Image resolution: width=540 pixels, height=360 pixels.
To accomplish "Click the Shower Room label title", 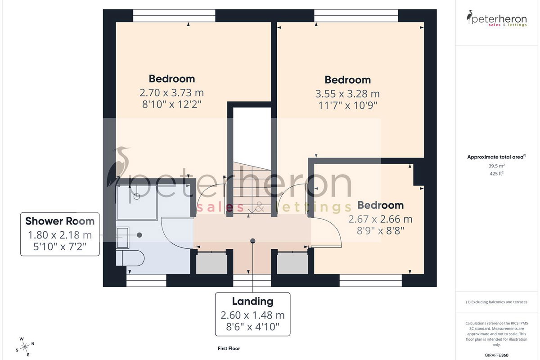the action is click(60, 221).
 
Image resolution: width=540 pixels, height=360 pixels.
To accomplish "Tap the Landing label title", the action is click(252, 301).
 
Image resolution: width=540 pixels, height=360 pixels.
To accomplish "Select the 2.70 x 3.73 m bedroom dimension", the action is click(171, 93).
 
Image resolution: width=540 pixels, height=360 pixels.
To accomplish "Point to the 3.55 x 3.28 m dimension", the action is click(347, 94).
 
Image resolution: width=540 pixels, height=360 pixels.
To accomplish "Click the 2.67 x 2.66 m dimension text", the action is click(380, 219).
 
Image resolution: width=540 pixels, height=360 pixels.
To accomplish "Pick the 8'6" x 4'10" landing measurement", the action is click(252, 327).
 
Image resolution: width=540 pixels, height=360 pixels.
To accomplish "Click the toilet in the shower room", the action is click(130, 258).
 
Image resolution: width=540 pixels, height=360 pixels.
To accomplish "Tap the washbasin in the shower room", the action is click(123, 238).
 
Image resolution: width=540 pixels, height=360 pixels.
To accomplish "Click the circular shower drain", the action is click(137, 197).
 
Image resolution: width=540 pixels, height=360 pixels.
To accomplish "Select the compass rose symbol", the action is click(25, 347).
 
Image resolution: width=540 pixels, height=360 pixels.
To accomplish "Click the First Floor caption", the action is click(229, 348).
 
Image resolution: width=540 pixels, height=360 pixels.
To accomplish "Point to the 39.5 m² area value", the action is click(497, 166).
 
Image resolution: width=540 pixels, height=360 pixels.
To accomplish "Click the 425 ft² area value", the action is click(497, 173).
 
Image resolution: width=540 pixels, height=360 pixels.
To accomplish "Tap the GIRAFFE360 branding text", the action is click(497, 355).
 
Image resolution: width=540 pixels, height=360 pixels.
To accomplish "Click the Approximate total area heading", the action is click(497, 157).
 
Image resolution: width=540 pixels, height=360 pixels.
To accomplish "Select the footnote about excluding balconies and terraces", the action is click(497, 302).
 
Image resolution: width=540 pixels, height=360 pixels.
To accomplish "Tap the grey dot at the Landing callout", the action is click(252, 241).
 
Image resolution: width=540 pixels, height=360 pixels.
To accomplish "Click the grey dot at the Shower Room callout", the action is click(139, 235).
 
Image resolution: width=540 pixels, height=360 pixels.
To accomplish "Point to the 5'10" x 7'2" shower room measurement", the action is click(60, 247).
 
